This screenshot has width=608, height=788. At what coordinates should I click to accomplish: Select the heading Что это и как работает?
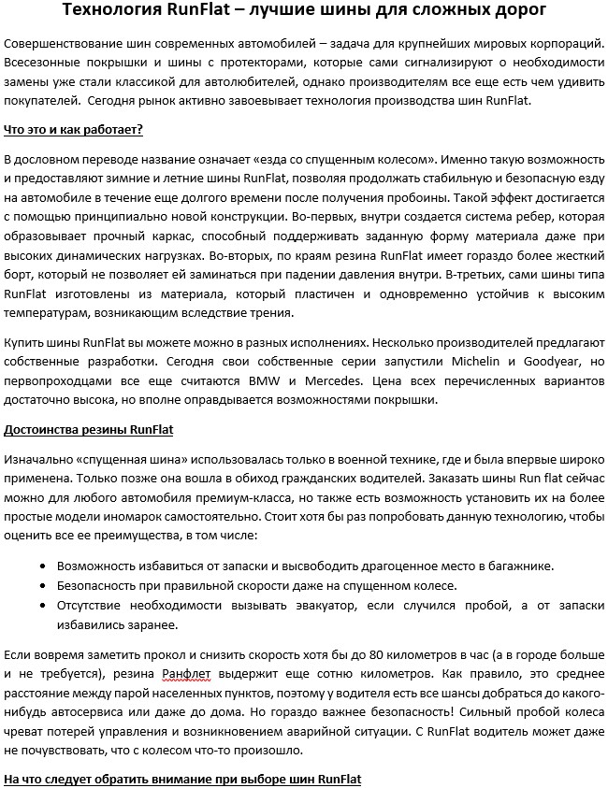coord(74,128)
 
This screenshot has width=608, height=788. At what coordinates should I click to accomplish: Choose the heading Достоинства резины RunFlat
coord(89,431)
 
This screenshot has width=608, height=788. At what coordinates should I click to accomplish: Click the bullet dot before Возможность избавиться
coord(46,566)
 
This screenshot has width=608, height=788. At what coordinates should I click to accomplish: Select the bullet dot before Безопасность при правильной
coord(46,586)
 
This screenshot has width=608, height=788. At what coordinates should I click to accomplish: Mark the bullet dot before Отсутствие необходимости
coord(46,606)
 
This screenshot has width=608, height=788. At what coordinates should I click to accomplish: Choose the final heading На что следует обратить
coord(182,779)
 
